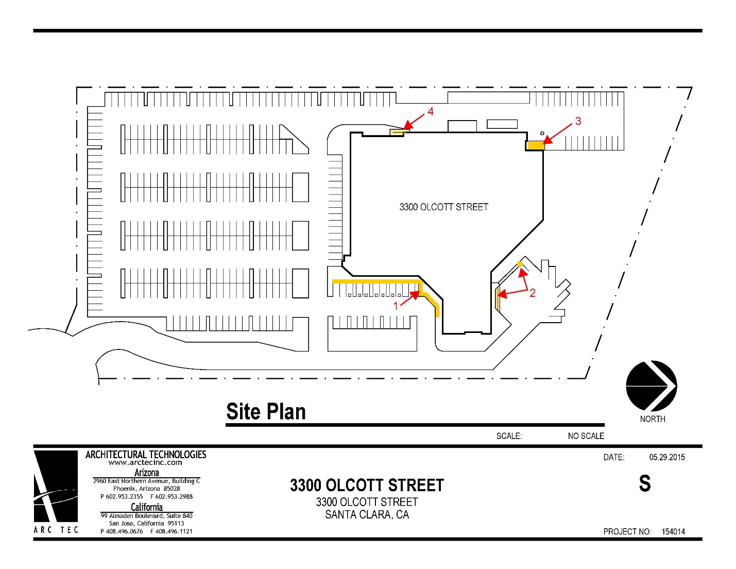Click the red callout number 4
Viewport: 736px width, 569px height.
430,111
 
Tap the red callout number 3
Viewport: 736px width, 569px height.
578,121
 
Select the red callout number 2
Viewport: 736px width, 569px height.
533,293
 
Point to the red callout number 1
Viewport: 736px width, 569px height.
396,306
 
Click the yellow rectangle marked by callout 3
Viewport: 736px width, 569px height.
536,145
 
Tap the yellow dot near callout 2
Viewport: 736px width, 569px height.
520,264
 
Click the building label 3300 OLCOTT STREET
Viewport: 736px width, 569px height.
443,207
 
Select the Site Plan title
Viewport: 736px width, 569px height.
266,411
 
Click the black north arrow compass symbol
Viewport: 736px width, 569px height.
651,386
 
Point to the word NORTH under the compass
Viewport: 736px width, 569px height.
653,419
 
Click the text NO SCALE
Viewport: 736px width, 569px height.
586,436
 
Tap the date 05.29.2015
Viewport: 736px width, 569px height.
667,457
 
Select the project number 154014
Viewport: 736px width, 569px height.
673,532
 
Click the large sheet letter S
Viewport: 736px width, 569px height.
645,483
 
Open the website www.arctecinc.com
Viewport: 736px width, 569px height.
145,463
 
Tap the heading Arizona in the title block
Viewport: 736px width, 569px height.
147,473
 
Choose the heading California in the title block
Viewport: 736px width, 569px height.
147,507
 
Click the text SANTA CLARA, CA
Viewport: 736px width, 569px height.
367,515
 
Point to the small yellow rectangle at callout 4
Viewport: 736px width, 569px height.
397,132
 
